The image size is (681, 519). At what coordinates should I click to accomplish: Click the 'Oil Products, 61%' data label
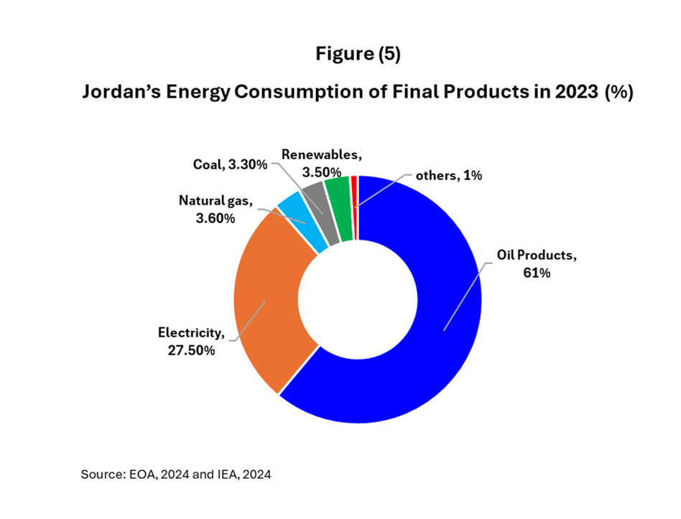tap(537, 263)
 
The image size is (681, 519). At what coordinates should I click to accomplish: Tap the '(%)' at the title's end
tap(619, 93)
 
